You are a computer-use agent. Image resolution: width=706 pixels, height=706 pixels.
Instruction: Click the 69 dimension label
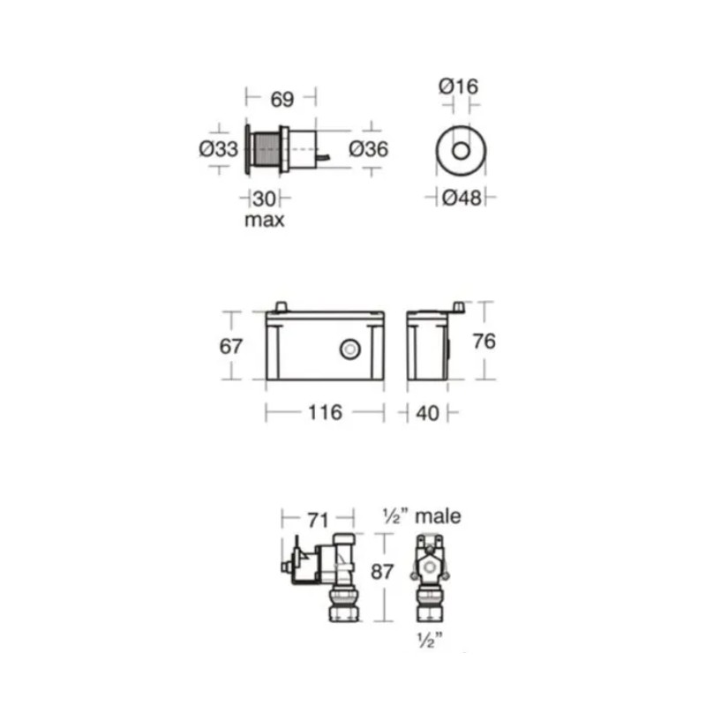282,99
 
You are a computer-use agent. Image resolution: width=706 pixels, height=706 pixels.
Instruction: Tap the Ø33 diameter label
218,149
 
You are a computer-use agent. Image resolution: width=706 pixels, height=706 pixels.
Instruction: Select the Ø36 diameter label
368,149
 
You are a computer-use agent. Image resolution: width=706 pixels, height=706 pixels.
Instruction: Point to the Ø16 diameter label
458,86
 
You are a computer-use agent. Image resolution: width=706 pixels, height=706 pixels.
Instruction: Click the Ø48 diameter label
462,198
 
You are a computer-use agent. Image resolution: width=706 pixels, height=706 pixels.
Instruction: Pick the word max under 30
264,220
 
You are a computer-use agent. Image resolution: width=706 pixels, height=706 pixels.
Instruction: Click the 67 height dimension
230,346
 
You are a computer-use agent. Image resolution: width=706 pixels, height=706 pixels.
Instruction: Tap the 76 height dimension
484,342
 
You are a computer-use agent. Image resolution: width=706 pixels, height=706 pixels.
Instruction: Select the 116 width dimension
325,412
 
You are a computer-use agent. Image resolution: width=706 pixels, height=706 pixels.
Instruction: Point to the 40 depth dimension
427,413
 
